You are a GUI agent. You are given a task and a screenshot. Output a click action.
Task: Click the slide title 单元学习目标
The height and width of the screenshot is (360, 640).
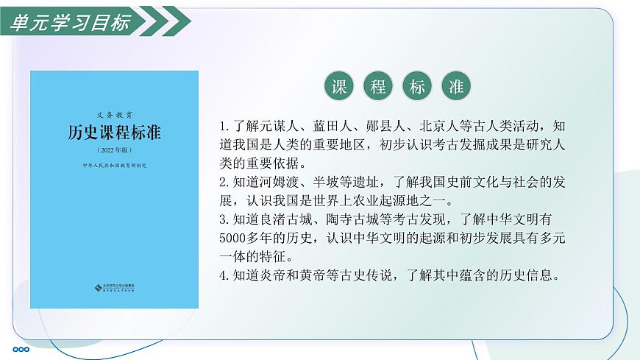tap(70, 22)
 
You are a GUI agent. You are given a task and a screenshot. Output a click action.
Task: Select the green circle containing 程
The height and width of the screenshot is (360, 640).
tap(378, 87)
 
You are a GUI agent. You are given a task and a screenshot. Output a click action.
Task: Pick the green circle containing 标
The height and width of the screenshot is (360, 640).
tap(417, 87)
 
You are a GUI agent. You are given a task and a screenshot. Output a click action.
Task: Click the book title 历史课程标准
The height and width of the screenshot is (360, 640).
tap(114, 133)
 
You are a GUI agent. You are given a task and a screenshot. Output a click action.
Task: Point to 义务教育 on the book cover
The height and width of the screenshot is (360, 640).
tap(114, 115)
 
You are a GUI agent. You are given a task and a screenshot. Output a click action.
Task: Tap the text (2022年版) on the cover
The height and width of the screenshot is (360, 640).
tap(114, 149)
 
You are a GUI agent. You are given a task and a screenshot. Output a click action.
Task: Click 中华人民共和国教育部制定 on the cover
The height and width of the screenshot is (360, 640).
tap(114, 166)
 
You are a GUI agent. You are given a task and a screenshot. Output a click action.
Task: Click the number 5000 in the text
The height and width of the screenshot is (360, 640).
tap(235, 238)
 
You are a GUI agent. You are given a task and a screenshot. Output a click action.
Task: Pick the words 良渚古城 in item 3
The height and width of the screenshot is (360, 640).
tap(279, 219)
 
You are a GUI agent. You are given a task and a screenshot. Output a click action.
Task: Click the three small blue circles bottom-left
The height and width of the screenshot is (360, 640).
tap(21, 350)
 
